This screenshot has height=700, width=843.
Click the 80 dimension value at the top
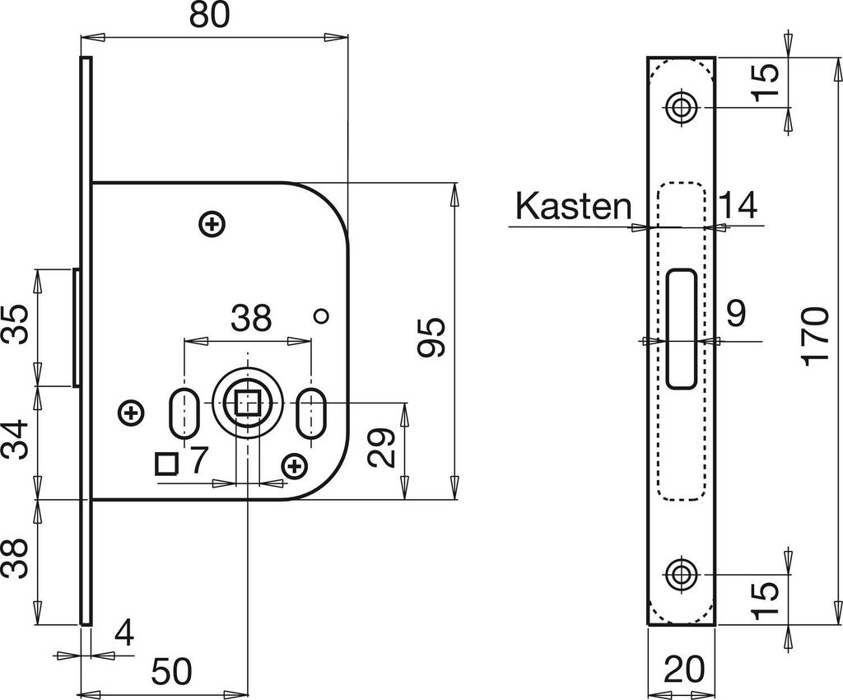(x=209, y=16)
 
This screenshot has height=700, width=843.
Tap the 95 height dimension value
(x=432, y=337)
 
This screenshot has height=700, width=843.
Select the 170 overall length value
(x=815, y=337)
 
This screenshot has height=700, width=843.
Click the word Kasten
(x=573, y=206)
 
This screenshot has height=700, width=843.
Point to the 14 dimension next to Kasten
(x=738, y=205)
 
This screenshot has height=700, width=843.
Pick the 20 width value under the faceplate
(x=684, y=670)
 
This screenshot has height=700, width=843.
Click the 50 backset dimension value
(x=171, y=671)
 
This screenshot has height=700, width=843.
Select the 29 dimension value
(x=382, y=447)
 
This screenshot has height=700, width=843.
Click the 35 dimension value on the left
(x=15, y=325)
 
